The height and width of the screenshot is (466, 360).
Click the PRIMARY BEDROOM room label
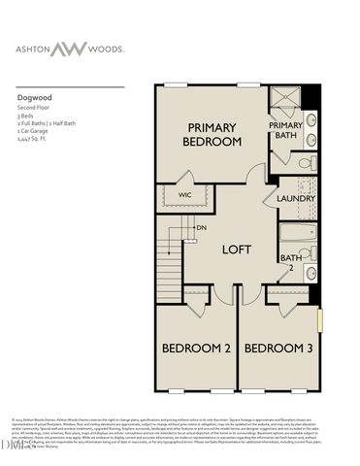pos(212,135)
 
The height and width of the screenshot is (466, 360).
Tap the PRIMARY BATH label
pos(285,130)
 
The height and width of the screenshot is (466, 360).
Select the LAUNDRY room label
pos(296,198)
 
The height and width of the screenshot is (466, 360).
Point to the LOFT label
pos(237,249)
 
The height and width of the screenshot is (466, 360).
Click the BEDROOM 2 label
pos(195,348)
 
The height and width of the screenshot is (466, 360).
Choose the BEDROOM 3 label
pos(278,348)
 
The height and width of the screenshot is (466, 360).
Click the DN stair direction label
pos(201,228)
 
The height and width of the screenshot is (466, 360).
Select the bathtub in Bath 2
pos(298,233)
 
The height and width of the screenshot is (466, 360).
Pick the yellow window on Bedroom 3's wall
pos(319,321)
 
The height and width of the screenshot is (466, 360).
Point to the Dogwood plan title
pos(33,97)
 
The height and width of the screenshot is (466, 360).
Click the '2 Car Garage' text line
pos(34,133)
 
